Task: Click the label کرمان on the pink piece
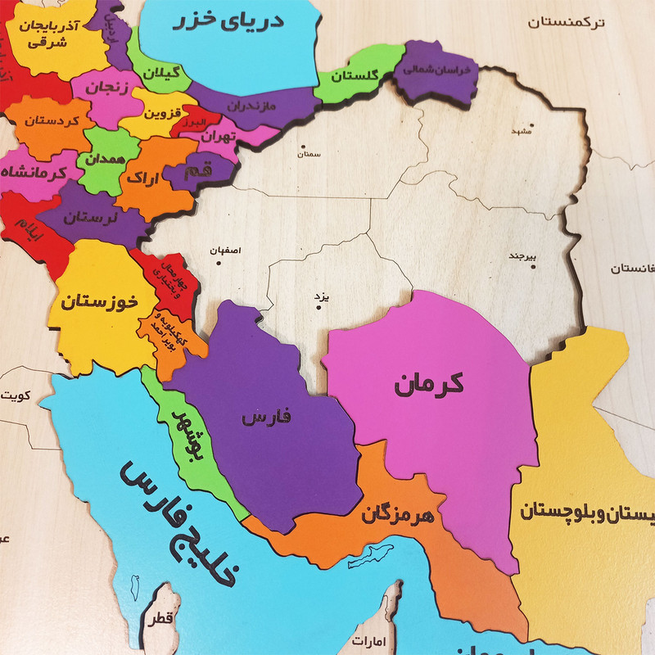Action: [x=428, y=382]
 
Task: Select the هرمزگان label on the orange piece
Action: [x=397, y=515]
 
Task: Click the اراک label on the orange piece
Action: [x=145, y=177]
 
